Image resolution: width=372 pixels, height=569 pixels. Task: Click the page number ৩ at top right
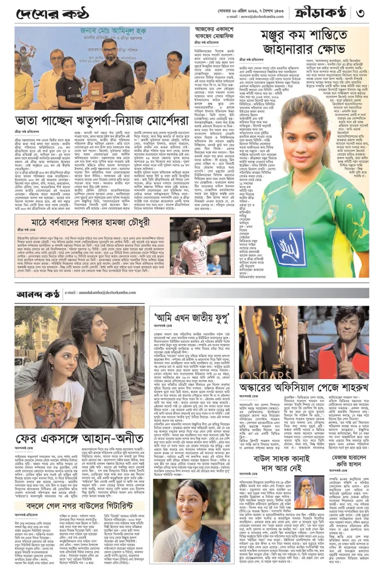pyautogui.click(x=360, y=12)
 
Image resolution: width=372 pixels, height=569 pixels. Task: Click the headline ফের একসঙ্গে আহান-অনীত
pyautogui.click(x=79, y=438)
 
